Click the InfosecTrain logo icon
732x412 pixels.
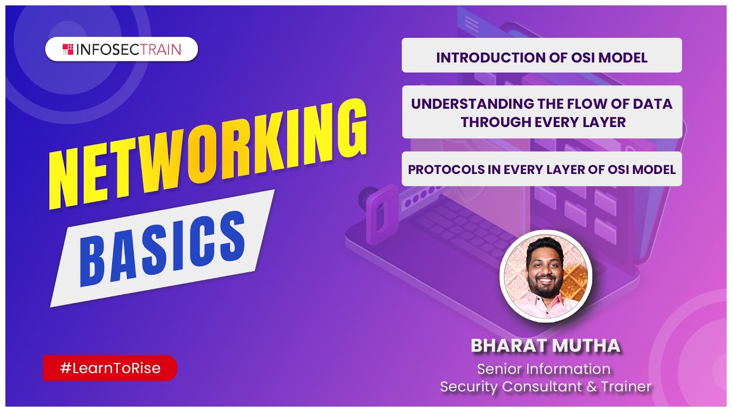tap(67, 49)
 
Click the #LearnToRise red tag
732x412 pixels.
tap(110, 369)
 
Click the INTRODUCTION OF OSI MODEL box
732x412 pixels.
tap(542, 57)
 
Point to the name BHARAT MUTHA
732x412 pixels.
tap(545, 345)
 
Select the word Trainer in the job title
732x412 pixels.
tap(626, 387)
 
